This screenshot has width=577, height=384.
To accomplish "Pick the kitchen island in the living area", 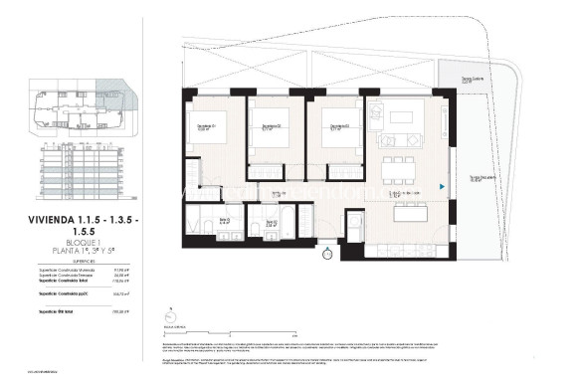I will click(412, 213).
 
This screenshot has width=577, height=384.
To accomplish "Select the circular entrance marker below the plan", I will click(327, 255).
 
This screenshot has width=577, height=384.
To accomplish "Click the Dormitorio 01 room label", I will click(206, 126).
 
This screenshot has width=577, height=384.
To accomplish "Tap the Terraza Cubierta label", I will click(456, 80).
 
